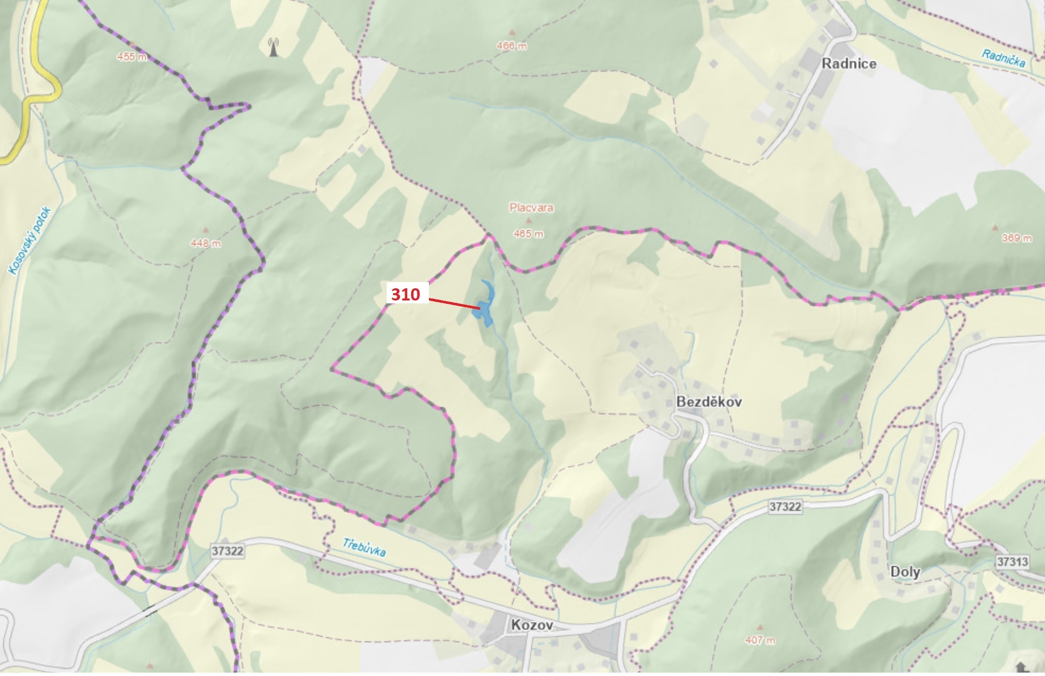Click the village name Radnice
(849, 64)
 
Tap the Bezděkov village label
(709, 402)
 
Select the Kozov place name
(532, 625)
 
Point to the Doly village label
(905, 572)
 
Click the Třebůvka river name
(364, 547)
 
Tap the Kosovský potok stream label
(30, 241)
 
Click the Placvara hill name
(531, 208)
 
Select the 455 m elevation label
(131, 57)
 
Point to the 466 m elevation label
(511, 47)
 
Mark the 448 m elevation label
(206, 243)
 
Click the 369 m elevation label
(1017, 238)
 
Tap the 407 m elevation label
(760, 641)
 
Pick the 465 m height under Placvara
(528, 234)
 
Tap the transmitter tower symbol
(273, 47)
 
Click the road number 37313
(1012, 562)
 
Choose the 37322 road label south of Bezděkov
(785, 507)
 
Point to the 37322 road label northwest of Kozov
(227, 551)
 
